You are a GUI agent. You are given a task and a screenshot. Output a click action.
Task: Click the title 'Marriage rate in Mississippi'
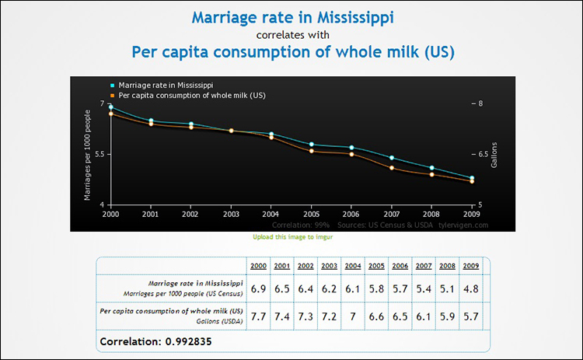click(292, 17)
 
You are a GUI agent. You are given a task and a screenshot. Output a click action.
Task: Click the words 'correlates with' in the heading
click(292, 35)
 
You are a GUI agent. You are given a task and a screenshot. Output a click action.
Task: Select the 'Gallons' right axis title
click(494, 154)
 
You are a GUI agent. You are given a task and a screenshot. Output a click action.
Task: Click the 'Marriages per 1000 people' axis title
click(87, 154)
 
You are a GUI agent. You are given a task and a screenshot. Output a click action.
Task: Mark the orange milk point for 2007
click(391, 168)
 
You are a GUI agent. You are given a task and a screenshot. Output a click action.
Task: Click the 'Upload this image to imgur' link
click(291, 236)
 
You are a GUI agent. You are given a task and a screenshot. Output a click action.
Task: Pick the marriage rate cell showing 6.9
click(259, 288)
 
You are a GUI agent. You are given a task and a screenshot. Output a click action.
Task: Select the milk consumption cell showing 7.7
click(259, 316)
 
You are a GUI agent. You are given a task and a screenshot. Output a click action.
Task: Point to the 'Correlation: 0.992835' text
click(155, 341)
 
